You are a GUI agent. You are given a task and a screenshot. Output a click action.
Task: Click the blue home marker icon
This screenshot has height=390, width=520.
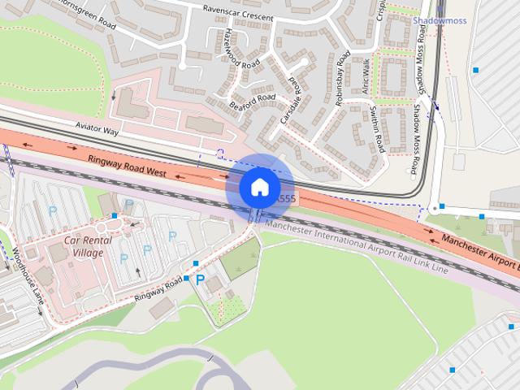click(259, 187)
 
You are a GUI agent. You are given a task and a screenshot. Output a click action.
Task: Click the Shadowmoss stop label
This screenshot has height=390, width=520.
click(440, 21)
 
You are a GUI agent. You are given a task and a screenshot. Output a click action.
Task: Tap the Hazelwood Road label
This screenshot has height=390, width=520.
click(236, 50)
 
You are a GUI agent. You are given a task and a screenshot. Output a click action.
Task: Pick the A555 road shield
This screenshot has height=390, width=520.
click(286, 198)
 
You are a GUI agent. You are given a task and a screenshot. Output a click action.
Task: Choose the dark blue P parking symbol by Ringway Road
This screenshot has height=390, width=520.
click(200, 279)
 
